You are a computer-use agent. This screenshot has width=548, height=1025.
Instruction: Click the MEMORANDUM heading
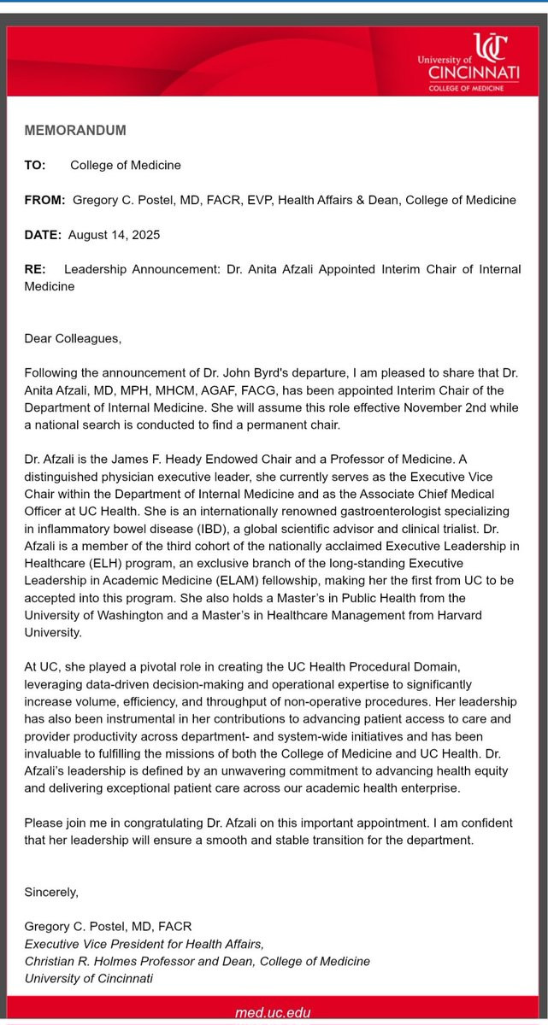tap(75, 131)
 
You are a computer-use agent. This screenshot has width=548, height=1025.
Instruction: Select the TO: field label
tap(35, 165)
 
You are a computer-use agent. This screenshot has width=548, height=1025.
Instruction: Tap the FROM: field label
tap(44, 200)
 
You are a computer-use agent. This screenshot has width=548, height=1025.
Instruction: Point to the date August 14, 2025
tap(115, 234)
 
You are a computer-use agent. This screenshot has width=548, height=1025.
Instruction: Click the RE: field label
tap(34, 269)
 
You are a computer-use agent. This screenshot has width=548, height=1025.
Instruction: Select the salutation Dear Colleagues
tap(73, 338)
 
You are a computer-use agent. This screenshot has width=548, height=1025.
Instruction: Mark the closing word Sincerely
tap(50, 892)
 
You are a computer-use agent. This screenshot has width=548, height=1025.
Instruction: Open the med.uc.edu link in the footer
tap(274, 1013)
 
